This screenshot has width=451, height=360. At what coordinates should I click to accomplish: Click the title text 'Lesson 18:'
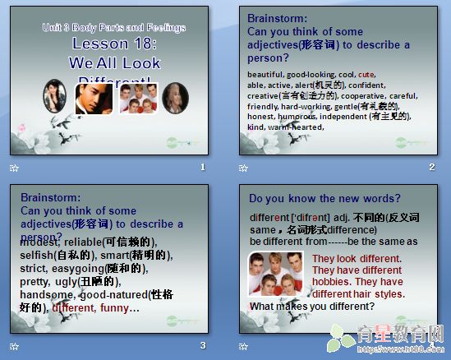(x=114, y=45)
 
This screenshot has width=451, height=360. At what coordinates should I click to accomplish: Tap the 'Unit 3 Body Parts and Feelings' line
(x=114, y=28)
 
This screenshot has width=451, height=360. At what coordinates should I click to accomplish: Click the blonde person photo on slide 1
(x=174, y=98)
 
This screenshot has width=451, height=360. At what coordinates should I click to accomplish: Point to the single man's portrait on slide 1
(x=94, y=98)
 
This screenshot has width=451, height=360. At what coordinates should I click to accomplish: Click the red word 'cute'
(x=366, y=74)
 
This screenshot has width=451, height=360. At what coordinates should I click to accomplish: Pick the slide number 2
(x=432, y=168)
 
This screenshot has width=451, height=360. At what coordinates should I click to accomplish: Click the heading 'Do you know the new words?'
(x=324, y=198)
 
